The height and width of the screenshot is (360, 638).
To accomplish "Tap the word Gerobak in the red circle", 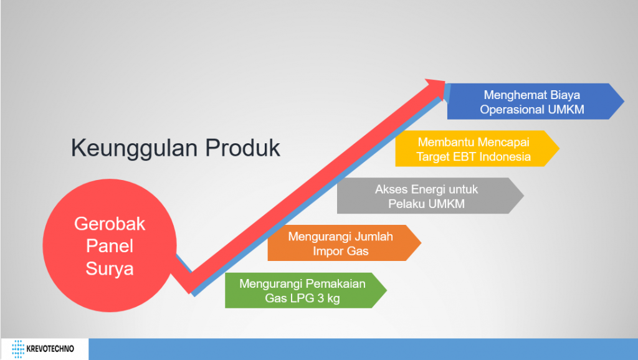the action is [x=110, y=224].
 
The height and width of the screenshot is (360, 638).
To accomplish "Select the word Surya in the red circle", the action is [x=110, y=269].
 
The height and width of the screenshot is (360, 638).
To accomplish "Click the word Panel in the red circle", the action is [x=110, y=246].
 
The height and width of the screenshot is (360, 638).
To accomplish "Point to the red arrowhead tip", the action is [x=445, y=81].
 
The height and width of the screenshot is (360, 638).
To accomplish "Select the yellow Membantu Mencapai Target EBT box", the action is [x=477, y=148].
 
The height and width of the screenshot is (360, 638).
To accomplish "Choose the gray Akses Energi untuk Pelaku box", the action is [x=430, y=196].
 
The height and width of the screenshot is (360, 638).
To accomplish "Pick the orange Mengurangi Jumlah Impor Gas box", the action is [x=344, y=243].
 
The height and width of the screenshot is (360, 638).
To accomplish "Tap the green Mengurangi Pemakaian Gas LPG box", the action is [x=305, y=290].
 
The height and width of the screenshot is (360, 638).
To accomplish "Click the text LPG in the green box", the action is [x=302, y=298].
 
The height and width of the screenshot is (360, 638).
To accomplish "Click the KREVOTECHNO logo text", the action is [x=50, y=349].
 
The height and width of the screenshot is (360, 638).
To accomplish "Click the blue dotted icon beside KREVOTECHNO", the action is [x=18, y=349].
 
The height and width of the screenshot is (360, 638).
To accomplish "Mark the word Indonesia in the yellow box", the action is [x=505, y=156].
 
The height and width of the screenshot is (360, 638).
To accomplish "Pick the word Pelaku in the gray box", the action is [x=404, y=204].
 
